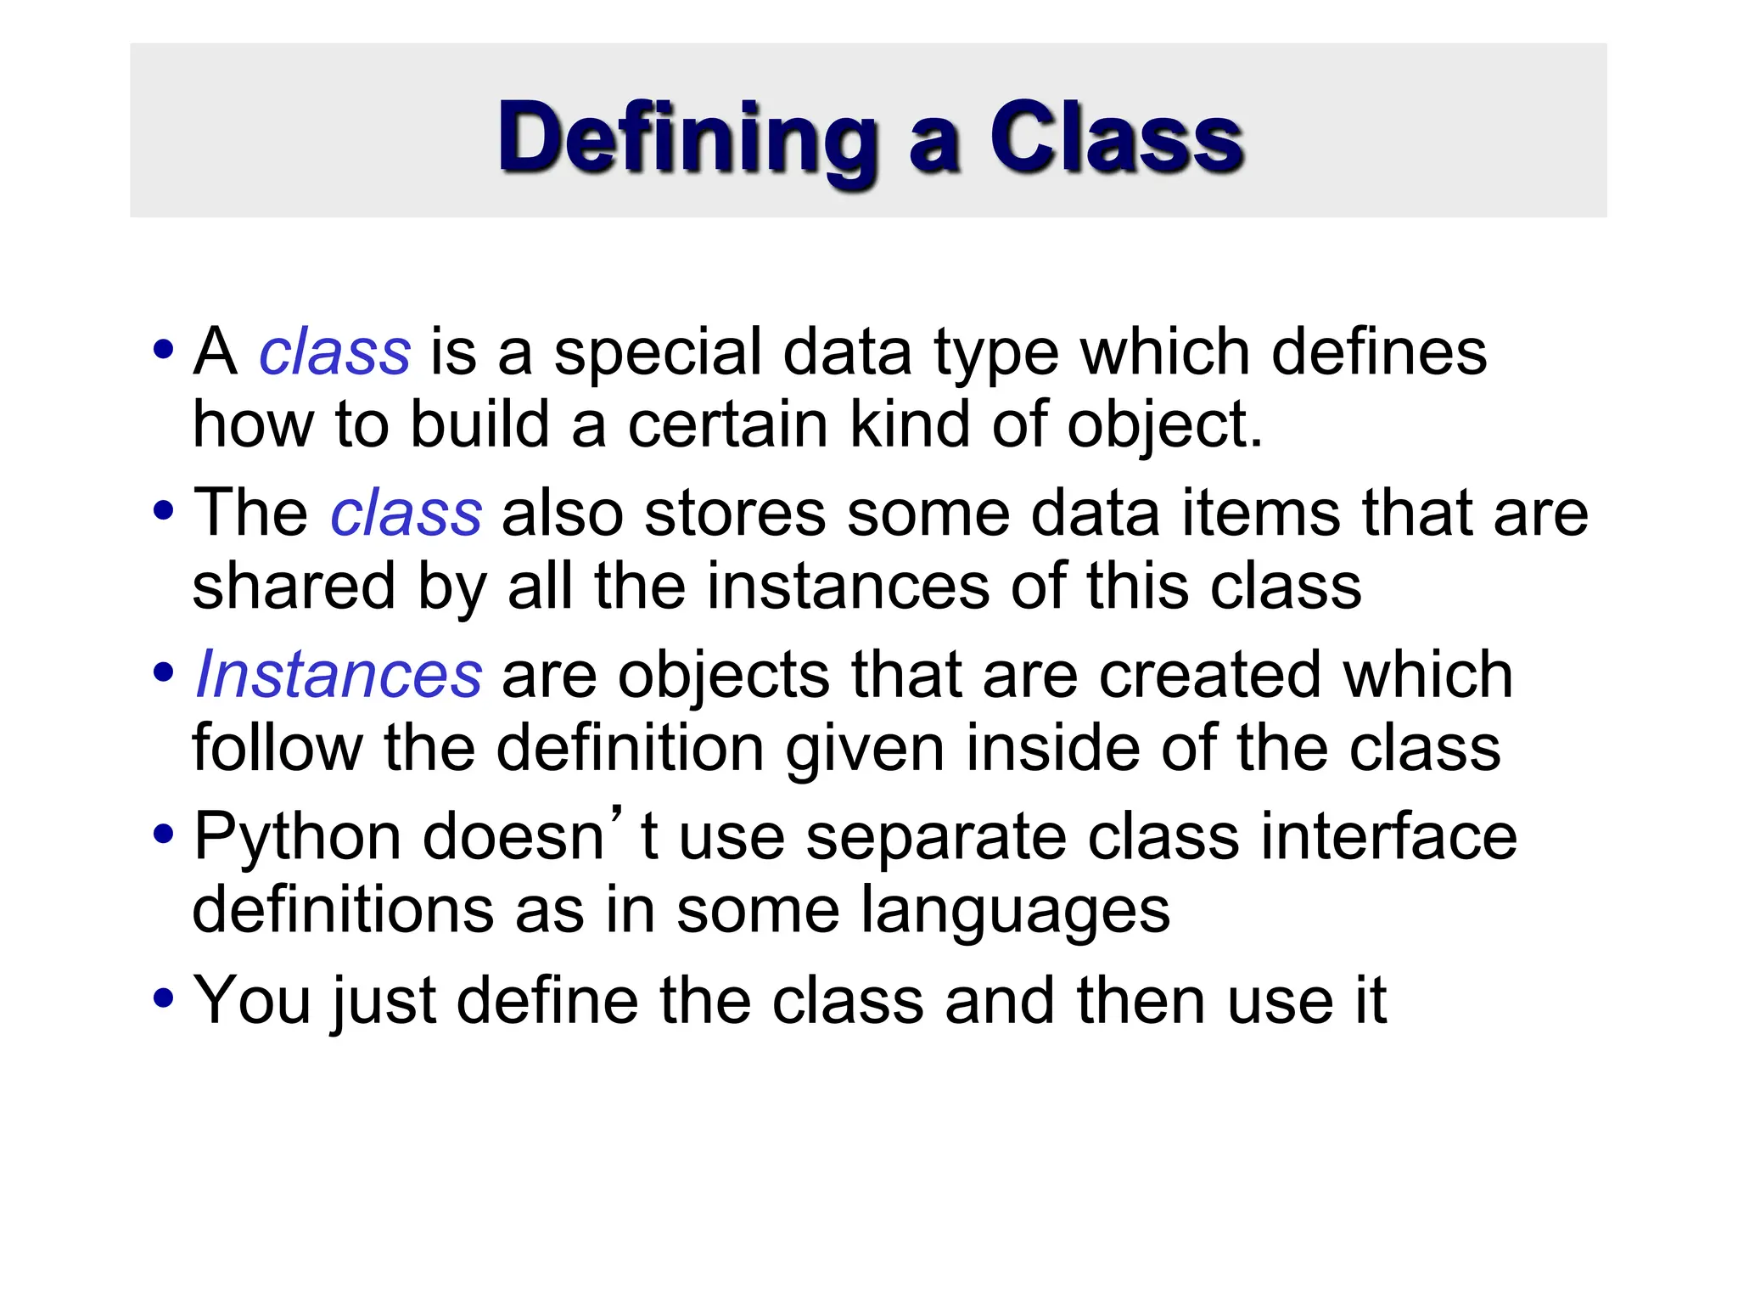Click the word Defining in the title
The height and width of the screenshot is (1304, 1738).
687,138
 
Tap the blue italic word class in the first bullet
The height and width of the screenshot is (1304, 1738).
334,352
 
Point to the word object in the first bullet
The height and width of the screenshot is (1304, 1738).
1158,424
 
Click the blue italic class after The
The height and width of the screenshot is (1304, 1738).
406,514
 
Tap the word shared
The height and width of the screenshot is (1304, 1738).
294,587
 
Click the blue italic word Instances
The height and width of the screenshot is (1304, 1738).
339,675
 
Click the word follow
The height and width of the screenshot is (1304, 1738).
278,748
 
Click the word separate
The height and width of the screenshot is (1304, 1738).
936,838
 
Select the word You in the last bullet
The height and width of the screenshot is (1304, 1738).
252,1000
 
